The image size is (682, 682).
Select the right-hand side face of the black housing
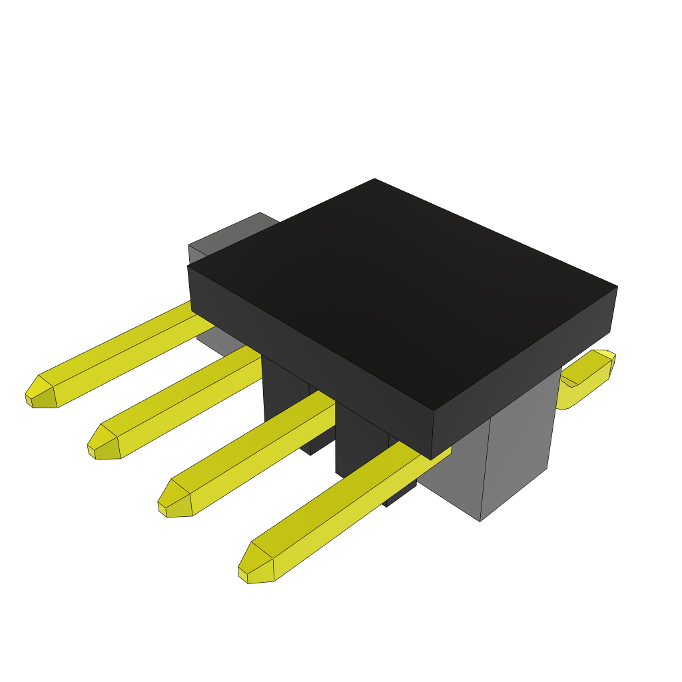point(526,373)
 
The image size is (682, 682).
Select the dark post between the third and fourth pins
point(360,446)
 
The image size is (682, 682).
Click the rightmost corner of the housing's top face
point(617,287)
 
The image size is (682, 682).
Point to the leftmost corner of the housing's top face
point(188,266)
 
